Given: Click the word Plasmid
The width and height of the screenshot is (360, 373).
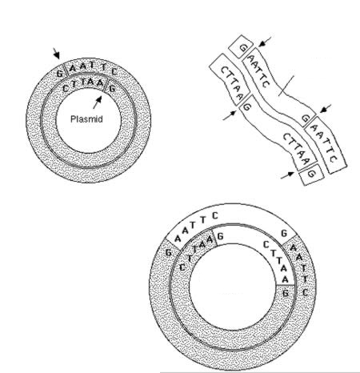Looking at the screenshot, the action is pyautogui.click(x=86, y=119).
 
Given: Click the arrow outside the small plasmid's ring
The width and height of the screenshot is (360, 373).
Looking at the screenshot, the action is pyautogui.click(x=56, y=53).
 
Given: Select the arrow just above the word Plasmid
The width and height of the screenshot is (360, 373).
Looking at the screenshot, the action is pyautogui.click(x=98, y=102).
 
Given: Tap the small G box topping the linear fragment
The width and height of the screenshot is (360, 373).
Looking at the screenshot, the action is pyautogui.click(x=241, y=46).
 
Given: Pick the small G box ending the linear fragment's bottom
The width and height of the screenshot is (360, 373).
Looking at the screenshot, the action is pyautogui.click(x=311, y=174).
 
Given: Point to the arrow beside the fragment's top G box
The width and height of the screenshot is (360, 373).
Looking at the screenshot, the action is pyautogui.click(x=266, y=42).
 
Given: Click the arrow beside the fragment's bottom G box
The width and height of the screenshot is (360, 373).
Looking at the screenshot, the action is pyautogui.click(x=287, y=175).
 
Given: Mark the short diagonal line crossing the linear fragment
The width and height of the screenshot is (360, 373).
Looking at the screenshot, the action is pyautogui.click(x=286, y=86).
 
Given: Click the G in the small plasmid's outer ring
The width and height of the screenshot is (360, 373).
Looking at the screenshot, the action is pyautogui.click(x=60, y=73).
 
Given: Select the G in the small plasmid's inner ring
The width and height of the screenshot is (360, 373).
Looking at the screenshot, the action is pyautogui.click(x=112, y=88).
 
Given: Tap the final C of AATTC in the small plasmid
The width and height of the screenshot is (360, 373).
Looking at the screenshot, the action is pyautogui.click(x=114, y=71).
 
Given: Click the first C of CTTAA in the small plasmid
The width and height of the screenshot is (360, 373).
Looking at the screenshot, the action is pyautogui.click(x=66, y=88).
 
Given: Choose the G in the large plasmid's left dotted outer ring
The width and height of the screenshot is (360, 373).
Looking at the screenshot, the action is pyautogui.click(x=168, y=252).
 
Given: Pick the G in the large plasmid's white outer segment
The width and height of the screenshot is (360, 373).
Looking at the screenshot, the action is pyautogui.click(x=284, y=234).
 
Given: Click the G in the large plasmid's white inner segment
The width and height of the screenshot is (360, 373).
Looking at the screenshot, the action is pyautogui.click(x=220, y=236).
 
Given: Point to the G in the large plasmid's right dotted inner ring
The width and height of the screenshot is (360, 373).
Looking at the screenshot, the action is pyautogui.click(x=286, y=294).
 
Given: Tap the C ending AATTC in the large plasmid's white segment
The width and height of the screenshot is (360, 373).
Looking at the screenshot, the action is pyautogui.click(x=215, y=215).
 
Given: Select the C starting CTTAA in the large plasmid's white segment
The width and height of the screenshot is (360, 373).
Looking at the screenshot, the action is pyautogui.click(x=266, y=244).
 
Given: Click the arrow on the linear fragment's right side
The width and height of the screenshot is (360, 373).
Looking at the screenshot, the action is pyautogui.click(x=326, y=109).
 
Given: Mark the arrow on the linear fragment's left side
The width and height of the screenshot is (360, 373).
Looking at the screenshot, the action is pyautogui.click(x=230, y=116).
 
